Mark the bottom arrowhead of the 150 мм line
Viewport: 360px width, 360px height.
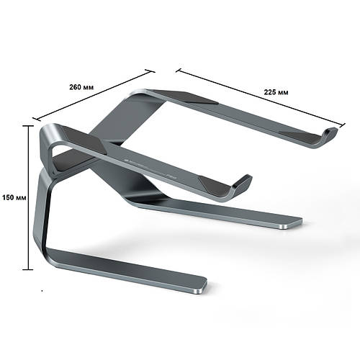30,267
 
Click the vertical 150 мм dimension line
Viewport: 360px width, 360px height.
30,216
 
